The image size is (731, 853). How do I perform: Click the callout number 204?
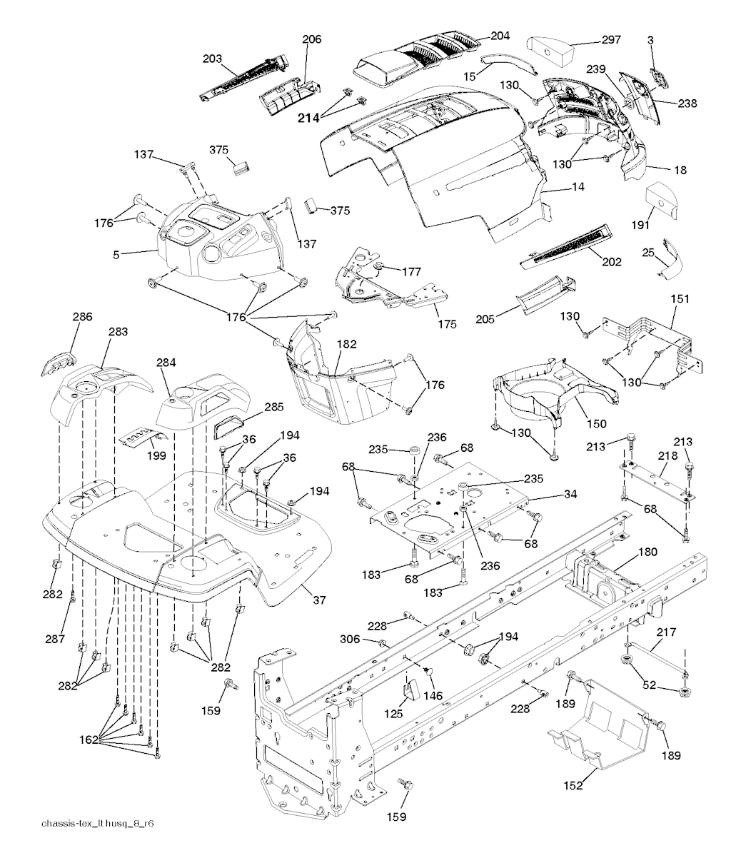[500, 35]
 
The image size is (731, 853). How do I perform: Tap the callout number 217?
[666, 632]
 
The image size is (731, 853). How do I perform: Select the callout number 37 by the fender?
[319, 600]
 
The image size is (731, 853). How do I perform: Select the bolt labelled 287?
[71, 597]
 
